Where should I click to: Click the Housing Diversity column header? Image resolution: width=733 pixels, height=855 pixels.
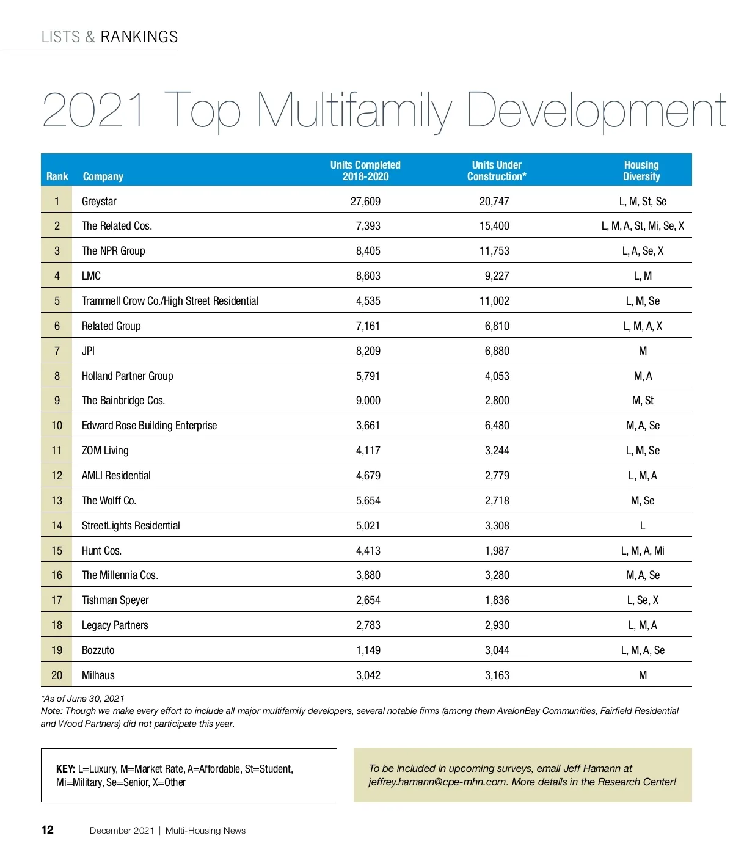tap(641, 170)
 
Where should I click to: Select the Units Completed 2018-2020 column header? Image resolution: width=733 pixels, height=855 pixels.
tap(365, 170)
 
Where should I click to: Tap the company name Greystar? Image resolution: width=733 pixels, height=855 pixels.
tap(99, 202)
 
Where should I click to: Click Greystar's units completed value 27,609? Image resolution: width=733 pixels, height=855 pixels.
tap(365, 202)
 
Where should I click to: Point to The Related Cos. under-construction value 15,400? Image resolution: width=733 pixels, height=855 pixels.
tap(494, 226)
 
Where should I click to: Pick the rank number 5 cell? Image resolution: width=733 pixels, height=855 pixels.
tap(57, 301)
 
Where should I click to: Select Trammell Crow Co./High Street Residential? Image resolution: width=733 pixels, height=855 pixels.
tap(170, 301)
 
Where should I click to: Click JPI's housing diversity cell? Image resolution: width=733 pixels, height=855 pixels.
tap(643, 351)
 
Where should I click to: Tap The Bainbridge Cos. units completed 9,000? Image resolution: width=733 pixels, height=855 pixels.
tap(368, 401)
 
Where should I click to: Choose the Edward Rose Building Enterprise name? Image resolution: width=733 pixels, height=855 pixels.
tap(149, 426)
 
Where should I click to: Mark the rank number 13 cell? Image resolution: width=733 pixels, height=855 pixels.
tap(57, 501)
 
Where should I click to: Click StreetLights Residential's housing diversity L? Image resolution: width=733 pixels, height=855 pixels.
tap(643, 526)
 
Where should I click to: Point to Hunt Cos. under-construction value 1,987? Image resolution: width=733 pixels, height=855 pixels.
tap(497, 551)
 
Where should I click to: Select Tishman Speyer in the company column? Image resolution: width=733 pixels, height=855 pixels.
tap(115, 600)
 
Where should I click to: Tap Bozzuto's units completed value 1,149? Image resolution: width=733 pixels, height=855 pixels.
tap(368, 650)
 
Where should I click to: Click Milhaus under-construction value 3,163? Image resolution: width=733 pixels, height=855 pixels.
tap(497, 675)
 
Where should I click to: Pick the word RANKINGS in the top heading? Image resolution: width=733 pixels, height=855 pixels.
tap(139, 37)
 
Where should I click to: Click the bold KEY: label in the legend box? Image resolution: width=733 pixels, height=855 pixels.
tap(65, 769)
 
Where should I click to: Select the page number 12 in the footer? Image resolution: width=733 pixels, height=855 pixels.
tap(47, 829)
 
